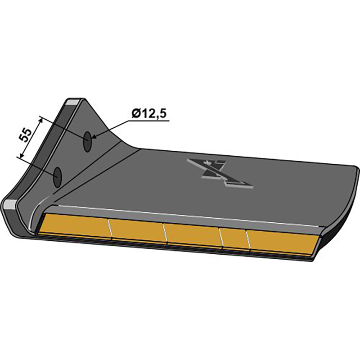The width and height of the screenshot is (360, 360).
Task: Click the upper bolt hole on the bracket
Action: click(87, 142)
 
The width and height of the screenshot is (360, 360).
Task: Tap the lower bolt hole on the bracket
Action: click(57, 177)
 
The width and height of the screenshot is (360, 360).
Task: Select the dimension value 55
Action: click(26, 135)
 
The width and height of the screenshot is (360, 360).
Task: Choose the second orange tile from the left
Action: click(137, 230)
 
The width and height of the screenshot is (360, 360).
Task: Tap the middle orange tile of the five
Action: click(193, 235)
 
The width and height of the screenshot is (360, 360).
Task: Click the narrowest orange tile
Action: click(234, 239)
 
